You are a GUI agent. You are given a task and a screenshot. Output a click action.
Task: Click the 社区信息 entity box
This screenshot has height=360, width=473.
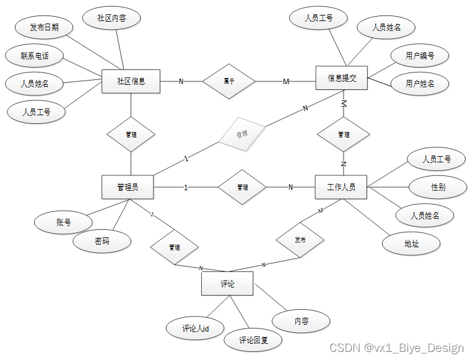[131, 81]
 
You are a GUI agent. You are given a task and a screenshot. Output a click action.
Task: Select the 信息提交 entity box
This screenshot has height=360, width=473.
[341, 78]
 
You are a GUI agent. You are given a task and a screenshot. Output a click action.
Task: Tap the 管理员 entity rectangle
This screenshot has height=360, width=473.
[128, 187]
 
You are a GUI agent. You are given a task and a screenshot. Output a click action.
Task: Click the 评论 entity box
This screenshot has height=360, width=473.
[227, 284]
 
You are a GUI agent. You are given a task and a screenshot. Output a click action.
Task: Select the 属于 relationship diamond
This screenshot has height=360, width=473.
[230, 81]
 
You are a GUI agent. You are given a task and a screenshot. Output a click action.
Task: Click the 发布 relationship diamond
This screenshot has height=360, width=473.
[300, 239]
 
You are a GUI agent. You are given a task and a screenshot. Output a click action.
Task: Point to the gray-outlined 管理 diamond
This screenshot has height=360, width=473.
[241, 134]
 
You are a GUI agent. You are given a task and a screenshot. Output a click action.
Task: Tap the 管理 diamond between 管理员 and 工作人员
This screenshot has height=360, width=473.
[241, 187]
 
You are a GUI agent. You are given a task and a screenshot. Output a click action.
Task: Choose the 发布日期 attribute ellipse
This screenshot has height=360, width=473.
[44, 28]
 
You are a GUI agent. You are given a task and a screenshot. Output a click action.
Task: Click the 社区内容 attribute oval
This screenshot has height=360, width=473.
[112, 19]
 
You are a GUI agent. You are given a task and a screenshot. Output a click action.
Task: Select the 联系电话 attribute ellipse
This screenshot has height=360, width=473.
[34, 56]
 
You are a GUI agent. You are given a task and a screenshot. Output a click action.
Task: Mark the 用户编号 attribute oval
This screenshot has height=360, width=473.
[420, 56]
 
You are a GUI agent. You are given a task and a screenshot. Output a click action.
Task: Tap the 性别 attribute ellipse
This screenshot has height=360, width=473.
[438, 187]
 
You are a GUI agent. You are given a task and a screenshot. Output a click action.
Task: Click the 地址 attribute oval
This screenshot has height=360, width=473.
[411, 244]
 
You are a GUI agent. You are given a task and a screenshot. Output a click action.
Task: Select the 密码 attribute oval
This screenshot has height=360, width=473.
[102, 242]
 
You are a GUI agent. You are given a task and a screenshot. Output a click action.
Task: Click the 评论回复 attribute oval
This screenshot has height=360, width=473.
[252, 340]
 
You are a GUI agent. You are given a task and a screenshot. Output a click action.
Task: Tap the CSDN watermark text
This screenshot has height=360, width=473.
[396, 348]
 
